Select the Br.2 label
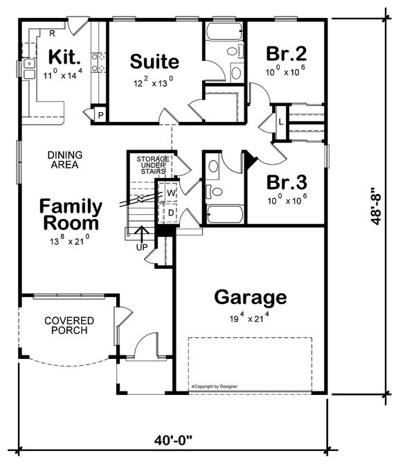(285, 54)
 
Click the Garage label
(250, 297)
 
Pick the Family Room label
(71, 215)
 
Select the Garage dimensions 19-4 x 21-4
(250, 319)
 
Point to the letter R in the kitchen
(53, 32)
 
